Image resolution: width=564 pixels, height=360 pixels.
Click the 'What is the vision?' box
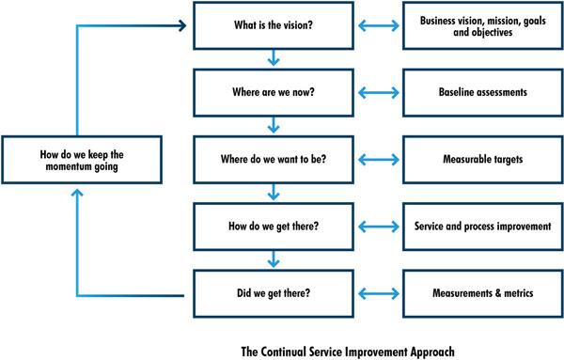[x=273, y=26]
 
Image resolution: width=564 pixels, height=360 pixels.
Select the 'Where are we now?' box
[x=273, y=93]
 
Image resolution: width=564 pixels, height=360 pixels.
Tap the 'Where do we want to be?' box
[x=273, y=160]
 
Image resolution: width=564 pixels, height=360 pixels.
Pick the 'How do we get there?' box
[x=273, y=227]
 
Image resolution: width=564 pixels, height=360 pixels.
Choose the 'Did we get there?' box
[x=273, y=293]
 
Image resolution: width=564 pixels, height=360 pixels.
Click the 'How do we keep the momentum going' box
[x=75, y=160]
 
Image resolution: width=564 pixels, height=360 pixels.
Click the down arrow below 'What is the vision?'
[x=273, y=59]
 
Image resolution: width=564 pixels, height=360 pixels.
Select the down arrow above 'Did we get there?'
[x=273, y=259]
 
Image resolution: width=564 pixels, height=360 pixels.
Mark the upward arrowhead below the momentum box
[x=75, y=192]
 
